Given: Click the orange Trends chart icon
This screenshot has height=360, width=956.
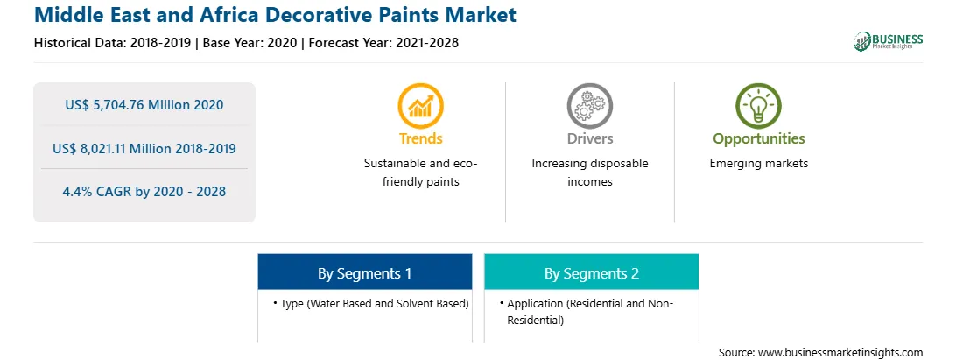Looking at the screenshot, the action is coord(421,106).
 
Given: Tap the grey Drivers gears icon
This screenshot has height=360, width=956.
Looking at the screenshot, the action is coord(589,106).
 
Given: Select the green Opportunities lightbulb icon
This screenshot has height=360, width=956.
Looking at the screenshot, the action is coord(758,106).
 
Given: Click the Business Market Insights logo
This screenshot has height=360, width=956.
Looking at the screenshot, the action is coord(889,41).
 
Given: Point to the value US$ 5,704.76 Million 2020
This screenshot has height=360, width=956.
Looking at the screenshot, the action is coord(144,105).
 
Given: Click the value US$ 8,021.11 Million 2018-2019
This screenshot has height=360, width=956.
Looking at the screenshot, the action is coord(144,148).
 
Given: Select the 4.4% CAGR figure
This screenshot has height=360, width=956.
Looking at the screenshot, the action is coord(144,192).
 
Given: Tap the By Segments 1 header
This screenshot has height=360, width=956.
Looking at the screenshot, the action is coord(364,272).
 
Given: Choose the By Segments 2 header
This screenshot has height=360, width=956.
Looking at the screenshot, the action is coord(592,272).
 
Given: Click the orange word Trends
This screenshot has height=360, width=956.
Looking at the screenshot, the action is coord(421,138).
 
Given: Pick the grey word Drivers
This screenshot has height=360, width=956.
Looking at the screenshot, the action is coord(589,138).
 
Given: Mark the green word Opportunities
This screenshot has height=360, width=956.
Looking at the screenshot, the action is coord(758,139).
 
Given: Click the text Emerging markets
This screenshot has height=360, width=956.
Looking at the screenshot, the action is coord(758,164).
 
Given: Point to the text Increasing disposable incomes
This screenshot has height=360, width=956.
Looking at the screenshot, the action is coord(589,173).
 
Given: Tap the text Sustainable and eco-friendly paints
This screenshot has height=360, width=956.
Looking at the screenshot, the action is coord(421,173).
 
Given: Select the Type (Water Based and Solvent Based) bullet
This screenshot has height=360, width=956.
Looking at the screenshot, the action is coord(371,303).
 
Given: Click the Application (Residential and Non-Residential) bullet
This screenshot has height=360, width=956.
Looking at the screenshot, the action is coord(587,311).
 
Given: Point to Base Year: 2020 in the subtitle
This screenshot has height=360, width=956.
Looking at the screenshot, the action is coord(250,43).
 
